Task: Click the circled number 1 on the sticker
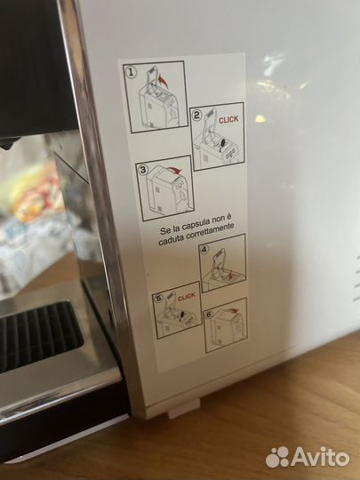pyautogui.click(x=131, y=73)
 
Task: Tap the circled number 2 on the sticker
pyautogui.click(x=196, y=116)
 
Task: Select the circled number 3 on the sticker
pyautogui.click(x=142, y=169)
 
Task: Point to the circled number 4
pyautogui.click(x=204, y=250)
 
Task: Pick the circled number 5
pyautogui.click(x=158, y=298)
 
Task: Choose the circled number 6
pyautogui.click(x=209, y=315)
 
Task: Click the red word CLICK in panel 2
pyautogui.click(x=228, y=120)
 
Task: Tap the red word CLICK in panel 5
pyautogui.click(x=186, y=296)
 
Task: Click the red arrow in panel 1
pyautogui.click(x=164, y=82)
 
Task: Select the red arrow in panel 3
pyautogui.click(x=175, y=170)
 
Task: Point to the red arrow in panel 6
pyautogui.click(x=233, y=311)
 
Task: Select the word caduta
pyautogui.click(x=167, y=241)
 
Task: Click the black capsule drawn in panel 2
pyautogui.click(x=223, y=142)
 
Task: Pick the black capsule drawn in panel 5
pyautogui.click(x=182, y=315)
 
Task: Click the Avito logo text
pyautogui.click(x=321, y=458)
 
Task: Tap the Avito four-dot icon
pyautogui.click(x=277, y=457)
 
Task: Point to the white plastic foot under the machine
pyautogui.click(x=184, y=408)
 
